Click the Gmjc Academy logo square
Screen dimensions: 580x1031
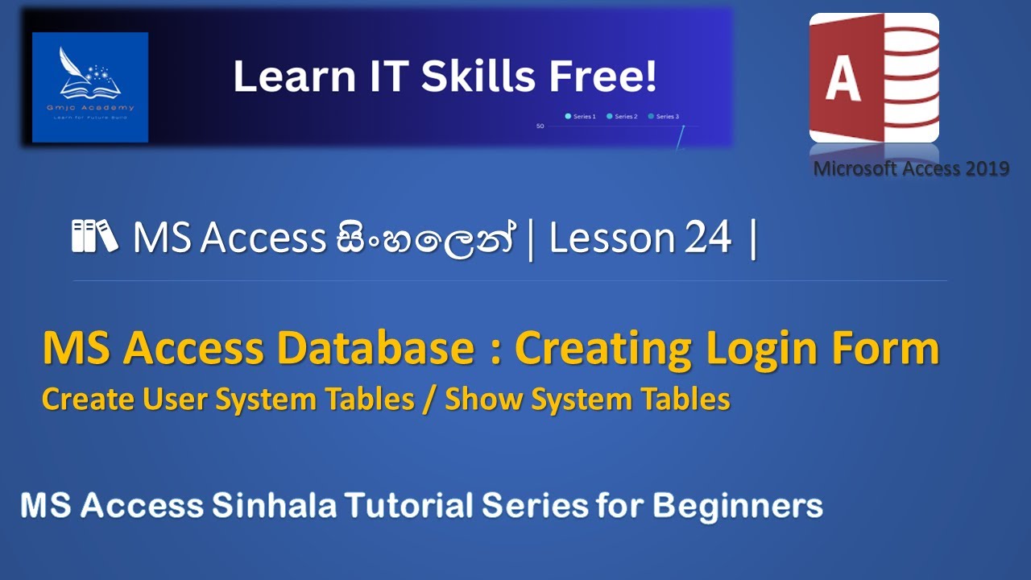90,87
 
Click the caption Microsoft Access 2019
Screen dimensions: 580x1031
911,169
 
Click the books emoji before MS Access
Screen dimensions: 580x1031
94,237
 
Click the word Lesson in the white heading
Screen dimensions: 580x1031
611,238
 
